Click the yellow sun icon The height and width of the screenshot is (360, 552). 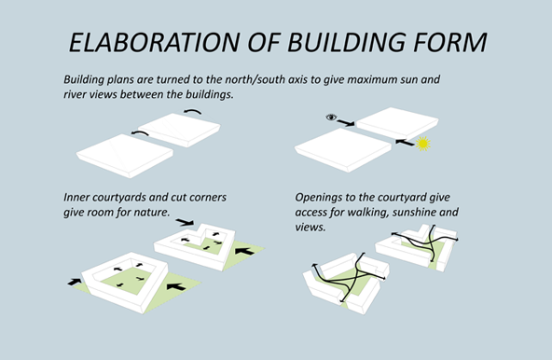[422, 144]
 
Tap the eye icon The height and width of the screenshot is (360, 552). [331, 117]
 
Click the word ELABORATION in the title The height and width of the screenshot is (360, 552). [155, 43]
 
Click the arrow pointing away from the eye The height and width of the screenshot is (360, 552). [346, 123]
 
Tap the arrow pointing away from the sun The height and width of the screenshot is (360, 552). [405, 143]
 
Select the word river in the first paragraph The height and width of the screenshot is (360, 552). [73, 94]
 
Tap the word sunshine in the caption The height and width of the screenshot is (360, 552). [413, 213]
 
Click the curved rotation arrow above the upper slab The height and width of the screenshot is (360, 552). [192, 112]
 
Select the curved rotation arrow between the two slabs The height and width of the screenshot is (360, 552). [140, 133]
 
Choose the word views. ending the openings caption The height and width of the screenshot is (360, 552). [310, 228]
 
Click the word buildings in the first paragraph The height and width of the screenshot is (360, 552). [210, 94]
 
